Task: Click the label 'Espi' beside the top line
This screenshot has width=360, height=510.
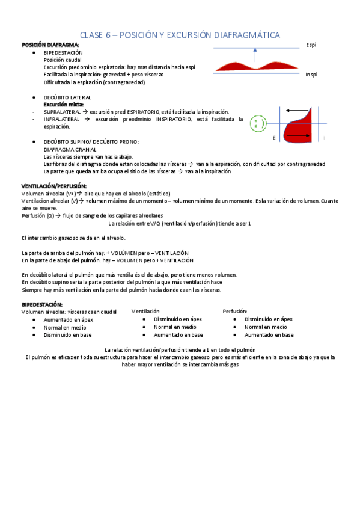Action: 311,45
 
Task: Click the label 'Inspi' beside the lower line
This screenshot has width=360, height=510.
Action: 311,75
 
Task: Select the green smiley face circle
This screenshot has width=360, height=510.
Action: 258,124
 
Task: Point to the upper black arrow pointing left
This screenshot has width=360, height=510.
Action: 297,111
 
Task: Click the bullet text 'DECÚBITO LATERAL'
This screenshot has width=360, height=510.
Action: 67,97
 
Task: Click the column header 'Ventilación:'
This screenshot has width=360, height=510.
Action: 145,311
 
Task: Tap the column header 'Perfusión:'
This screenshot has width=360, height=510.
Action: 235,311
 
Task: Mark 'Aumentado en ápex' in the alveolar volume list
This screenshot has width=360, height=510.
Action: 68,319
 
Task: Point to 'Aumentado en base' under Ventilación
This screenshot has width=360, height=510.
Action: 178,335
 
